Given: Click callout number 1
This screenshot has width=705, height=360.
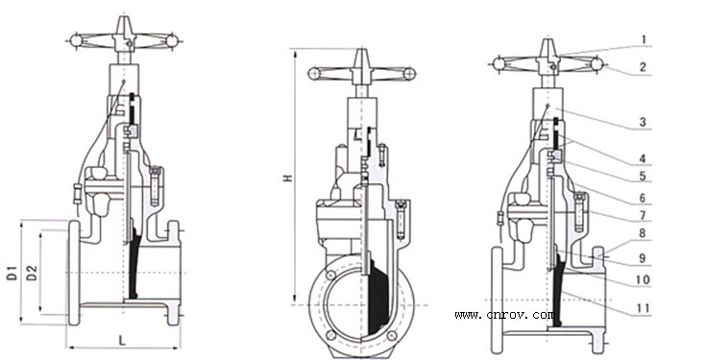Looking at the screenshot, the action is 644,39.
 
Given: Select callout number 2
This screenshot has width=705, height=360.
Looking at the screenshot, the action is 643,67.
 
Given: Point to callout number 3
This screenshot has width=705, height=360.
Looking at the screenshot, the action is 643,121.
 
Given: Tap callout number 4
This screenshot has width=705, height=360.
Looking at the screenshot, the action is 643,158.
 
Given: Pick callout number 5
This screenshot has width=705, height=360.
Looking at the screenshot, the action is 643,177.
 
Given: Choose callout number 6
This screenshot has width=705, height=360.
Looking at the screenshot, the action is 643,198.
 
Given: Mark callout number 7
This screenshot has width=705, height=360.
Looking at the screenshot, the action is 643,216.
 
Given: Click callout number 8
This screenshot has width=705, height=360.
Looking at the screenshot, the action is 643,233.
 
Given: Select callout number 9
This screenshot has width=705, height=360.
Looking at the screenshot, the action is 643,258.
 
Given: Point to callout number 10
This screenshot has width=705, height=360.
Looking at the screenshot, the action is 644,279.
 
